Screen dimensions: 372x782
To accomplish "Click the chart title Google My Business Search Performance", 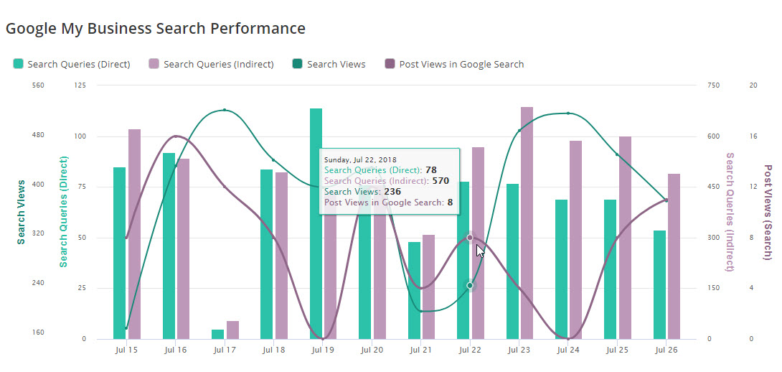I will pos(156,29).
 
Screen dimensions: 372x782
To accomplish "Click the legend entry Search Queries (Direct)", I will pos(72,64).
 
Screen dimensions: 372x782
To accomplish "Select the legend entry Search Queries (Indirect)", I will pos(212,64).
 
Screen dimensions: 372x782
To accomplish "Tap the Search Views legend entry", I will pos(329,64).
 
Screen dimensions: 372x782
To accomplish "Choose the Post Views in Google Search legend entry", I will pos(454,64).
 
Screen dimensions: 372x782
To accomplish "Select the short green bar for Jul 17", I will pos(218,334).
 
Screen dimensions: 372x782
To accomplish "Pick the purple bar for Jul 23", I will pos(527,223).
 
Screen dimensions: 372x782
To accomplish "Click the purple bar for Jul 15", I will pos(134,233).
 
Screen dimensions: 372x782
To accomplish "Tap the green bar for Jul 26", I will pos(659,284).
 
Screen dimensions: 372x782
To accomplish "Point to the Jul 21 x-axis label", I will pos(420,350).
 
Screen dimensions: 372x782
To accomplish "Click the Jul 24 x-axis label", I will pos(567,350).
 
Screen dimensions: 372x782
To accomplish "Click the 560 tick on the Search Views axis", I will pos(38,85).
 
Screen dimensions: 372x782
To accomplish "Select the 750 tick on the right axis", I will pos(712,85).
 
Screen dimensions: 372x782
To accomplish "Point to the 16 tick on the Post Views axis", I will pos(753,136).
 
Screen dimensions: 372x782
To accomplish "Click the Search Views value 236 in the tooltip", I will pos(392,192).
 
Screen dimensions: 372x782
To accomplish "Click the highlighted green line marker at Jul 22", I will pos(470,285).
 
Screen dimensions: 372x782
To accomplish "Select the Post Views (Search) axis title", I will pos(768,213).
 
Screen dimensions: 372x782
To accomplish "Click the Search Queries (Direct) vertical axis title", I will pos(63,213).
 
